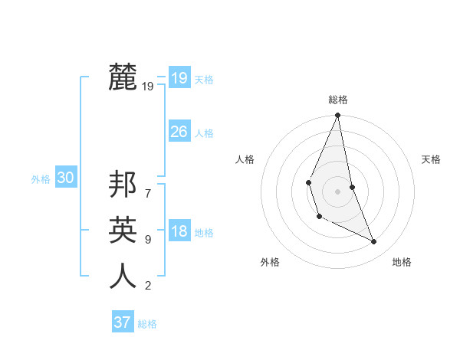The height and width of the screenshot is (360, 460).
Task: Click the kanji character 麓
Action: (123, 77)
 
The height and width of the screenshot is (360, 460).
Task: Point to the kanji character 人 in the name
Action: (123, 275)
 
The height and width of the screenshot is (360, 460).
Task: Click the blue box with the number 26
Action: (179, 132)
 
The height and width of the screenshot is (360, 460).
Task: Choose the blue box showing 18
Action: (179, 231)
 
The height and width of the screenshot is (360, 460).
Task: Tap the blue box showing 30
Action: (65, 178)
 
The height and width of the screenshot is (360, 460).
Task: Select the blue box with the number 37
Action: (122, 322)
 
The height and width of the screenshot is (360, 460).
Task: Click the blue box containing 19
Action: (179, 78)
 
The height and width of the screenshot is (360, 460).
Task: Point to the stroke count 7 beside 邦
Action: (147, 186)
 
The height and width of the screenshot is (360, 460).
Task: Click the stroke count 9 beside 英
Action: (147, 240)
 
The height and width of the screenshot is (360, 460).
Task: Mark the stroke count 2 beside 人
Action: (147, 286)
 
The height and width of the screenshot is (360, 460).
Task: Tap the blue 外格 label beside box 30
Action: (41, 179)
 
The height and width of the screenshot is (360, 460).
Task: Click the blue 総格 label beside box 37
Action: (147, 324)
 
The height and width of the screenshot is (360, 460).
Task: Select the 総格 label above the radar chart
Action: (337, 100)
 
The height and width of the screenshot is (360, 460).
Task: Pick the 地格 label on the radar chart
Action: (402, 262)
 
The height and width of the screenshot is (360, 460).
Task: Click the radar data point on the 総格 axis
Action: (337, 116)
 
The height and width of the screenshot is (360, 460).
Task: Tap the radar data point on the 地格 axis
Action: (374, 241)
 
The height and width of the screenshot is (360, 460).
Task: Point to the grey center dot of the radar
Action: (337, 191)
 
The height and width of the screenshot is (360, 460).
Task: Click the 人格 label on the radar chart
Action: (245, 159)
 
